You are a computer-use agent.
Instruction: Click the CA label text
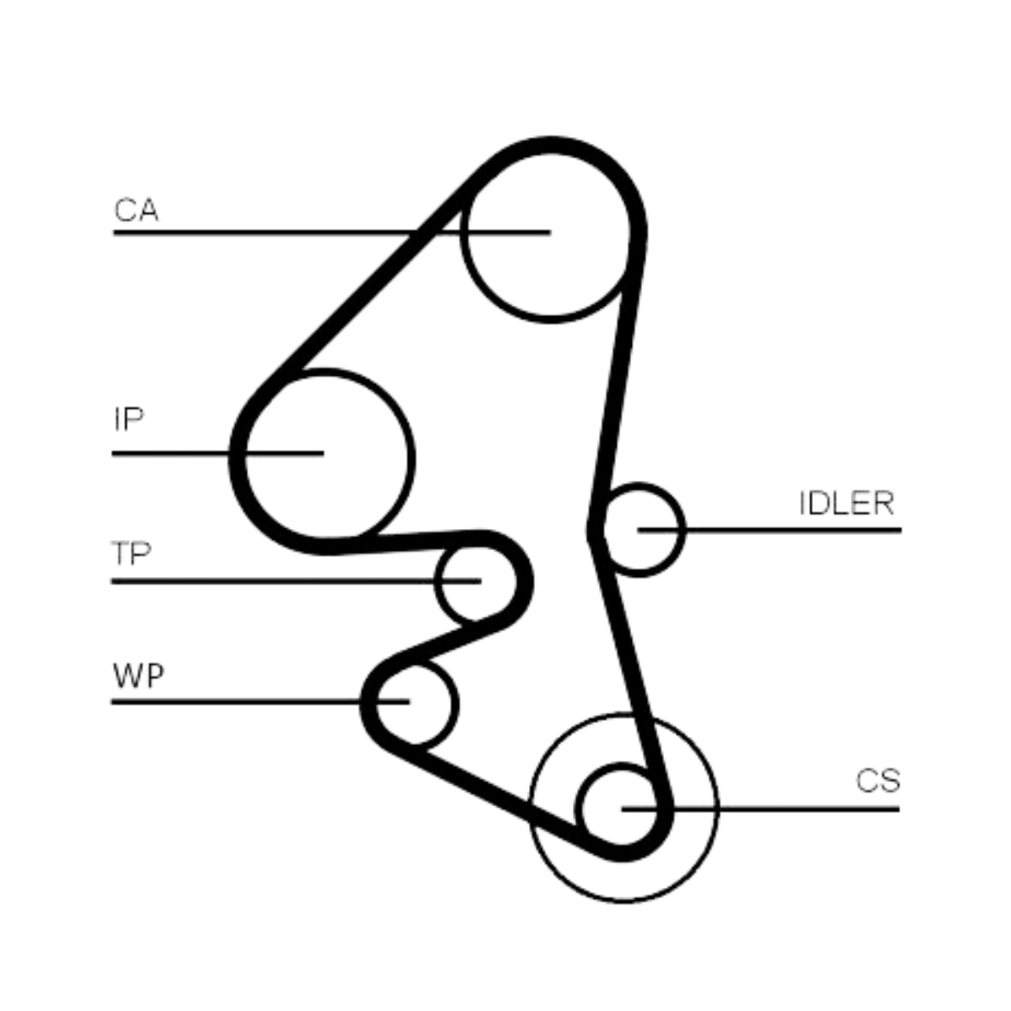tap(136, 211)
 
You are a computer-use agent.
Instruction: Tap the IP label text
tap(128, 419)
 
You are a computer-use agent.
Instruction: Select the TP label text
tap(131, 554)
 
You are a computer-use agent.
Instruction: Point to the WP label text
tap(138, 676)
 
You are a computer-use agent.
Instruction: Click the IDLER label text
tap(846, 504)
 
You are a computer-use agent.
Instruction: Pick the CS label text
tap(878, 781)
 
